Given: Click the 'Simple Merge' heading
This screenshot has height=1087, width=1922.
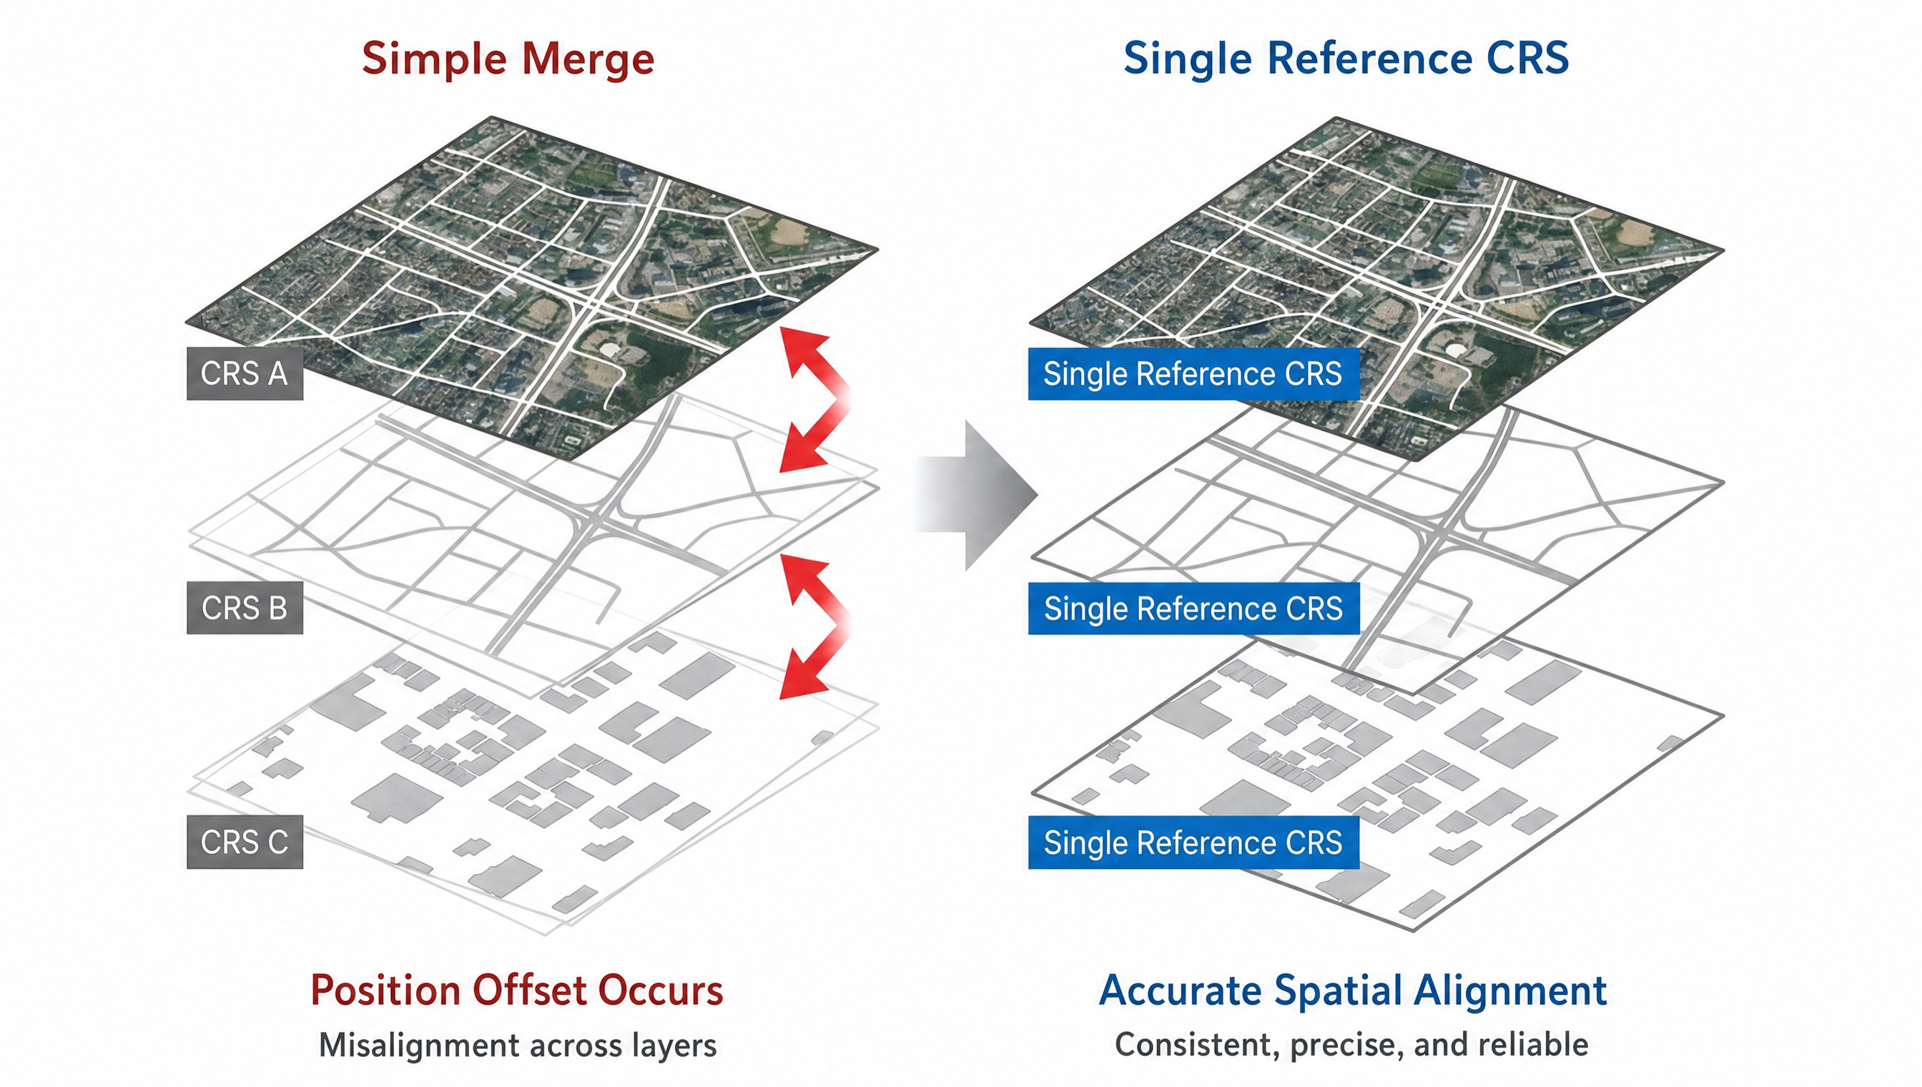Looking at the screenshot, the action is pos(508,59).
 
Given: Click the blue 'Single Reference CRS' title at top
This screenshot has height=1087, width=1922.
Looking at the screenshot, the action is pos(1346,59).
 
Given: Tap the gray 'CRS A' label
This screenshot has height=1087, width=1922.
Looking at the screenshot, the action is pos(245,373).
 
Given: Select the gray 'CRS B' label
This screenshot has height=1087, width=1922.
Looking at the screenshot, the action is pos(245,608).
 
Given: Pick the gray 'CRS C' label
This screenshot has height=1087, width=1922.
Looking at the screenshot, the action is pos(245,842).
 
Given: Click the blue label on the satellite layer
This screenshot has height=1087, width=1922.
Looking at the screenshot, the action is pos(1193,373).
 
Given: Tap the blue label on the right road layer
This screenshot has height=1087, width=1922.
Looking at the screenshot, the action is pos(1193,609).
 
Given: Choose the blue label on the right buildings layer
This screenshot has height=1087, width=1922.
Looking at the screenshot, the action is pos(1193,843).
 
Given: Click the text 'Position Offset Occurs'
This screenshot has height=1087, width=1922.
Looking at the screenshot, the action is pos(516,990).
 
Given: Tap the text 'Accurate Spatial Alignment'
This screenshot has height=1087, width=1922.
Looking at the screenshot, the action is pos(1353,990).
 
